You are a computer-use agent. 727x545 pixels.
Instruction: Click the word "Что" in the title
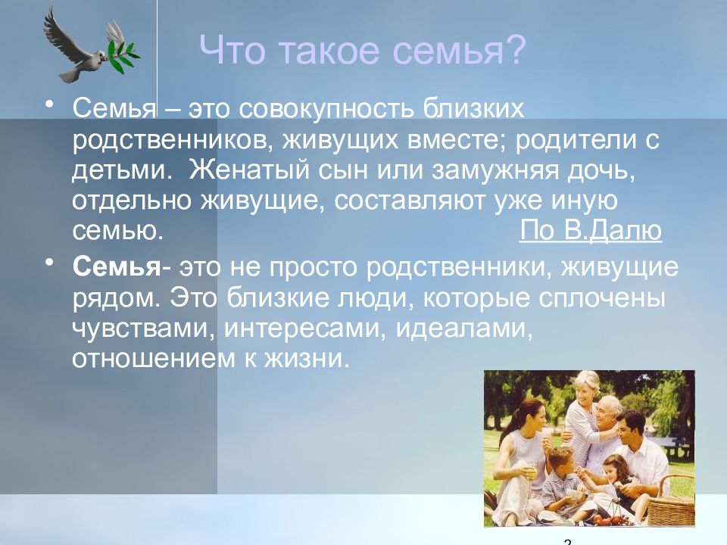pyautogui.click(x=232, y=49)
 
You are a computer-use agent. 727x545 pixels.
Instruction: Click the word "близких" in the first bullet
pyautogui.click(x=473, y=108)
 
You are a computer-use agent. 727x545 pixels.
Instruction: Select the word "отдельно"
pyautogui.click(x=132, y=201)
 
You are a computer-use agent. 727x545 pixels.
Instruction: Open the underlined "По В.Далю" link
pyautogui.click(x=591, y=230)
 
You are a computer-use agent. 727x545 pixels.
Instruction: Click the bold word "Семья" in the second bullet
pyautogui.click(x=116, y=267)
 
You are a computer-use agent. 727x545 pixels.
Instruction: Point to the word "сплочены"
pyautogui.click(x=602, y=298)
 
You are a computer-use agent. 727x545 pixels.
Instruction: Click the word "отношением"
pyautogui.click(x=154, y=359)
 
